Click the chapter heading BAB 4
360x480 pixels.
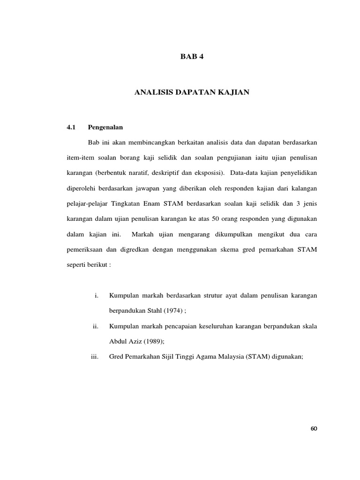pos(193,57)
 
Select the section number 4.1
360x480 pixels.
pos(71,127)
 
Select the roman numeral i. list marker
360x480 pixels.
pos(96,295)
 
